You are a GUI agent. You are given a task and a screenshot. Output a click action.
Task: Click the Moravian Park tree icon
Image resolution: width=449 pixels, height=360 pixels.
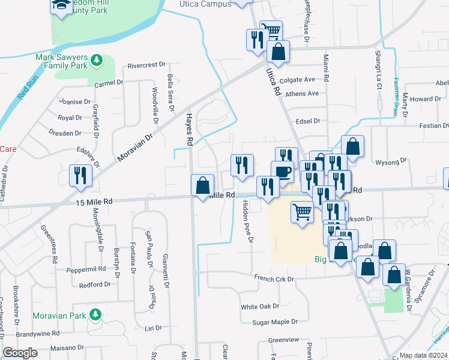(x=95, y=314)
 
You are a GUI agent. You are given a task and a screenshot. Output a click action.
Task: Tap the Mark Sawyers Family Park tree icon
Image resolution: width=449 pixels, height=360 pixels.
(x=95, y=61)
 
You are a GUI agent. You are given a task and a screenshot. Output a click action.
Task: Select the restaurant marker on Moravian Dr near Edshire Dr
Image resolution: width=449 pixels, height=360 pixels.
(x=79, y=175)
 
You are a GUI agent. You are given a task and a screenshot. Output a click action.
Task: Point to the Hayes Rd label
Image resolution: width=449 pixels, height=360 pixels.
(x=188, y=130)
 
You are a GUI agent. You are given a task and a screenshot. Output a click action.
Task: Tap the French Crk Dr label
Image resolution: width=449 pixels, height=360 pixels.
(x=274, y=279)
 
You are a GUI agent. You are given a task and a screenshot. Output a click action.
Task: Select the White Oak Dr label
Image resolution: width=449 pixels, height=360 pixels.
(x=260, y=307)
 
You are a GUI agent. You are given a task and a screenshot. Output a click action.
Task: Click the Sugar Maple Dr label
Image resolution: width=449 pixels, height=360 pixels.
(x=274, y=322)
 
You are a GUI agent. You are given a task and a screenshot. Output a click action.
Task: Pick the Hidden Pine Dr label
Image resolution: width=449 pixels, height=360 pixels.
(x=247, y=222)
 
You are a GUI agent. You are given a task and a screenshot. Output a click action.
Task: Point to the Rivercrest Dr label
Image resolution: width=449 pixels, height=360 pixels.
(x=146, y=65)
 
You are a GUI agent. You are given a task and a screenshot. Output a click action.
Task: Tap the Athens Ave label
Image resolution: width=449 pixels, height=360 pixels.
(x=302, y=94)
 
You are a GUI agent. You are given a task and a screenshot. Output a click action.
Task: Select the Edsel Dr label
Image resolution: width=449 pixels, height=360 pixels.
(x=308, y=121)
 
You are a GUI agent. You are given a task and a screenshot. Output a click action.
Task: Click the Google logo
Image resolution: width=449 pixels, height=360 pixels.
(x=20, y=353)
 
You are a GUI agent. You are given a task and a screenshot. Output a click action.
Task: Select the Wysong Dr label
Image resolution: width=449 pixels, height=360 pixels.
(x=391, y=161)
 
